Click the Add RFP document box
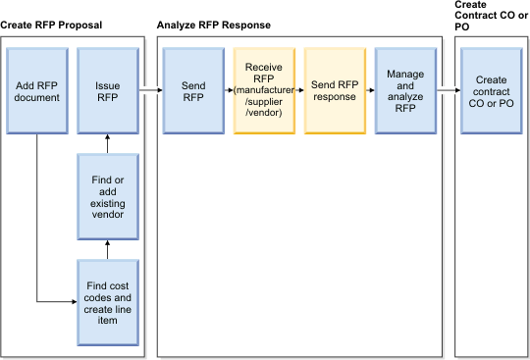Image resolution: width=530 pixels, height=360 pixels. click(x=36, y=90)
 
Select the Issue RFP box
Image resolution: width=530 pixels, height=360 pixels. click(x=107, y=90)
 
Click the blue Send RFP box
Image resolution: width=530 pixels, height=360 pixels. click(x=193, y=90)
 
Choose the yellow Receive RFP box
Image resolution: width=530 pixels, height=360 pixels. click(x=264, y=90)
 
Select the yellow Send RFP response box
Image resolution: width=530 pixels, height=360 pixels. click(x=335, y=90)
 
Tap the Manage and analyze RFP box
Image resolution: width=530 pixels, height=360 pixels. click(x=405, y=90)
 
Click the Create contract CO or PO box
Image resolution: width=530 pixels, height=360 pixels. click(x=491, y=90)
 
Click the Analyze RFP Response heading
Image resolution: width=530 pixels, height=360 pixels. click(x=214, y=23)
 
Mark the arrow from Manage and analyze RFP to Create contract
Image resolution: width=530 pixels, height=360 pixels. click(x=449, y=90)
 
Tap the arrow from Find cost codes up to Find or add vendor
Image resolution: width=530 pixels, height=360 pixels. click(x=107, y=249)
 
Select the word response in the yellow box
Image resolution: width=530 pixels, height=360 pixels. click(x=335, y=96)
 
